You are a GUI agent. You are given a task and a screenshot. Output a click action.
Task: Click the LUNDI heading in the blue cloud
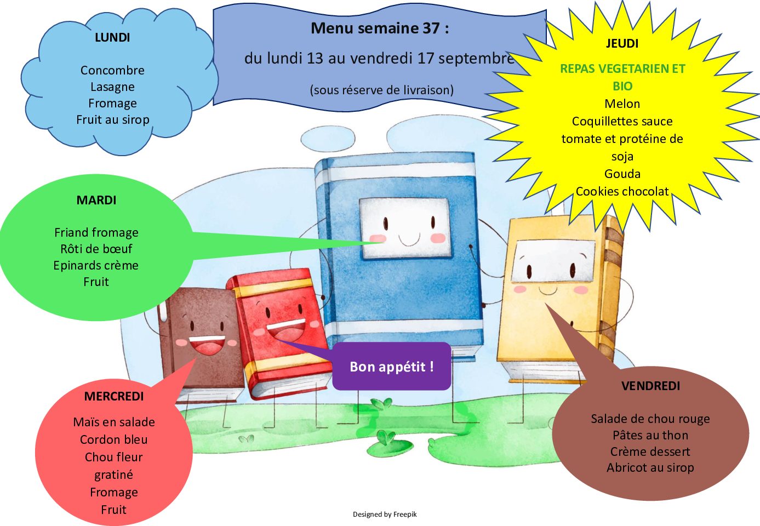click(x=112, y=37)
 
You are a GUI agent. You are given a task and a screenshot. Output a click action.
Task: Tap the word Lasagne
click(x=113, y=87)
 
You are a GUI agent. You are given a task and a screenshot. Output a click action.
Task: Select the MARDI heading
click(x=96, y=200)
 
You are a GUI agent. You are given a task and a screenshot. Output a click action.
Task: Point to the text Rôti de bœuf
click(x=96, y=249)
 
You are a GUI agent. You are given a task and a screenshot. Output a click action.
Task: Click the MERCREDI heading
click(x=114, y=396)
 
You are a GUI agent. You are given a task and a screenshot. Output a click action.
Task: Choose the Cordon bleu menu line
click(x=114, y=439)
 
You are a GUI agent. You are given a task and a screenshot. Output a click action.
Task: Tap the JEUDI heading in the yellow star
click(x=622, y=43)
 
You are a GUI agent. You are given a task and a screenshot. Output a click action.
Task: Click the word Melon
click(x=622, y=104)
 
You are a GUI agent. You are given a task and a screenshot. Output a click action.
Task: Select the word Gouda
click(x=622, y=174)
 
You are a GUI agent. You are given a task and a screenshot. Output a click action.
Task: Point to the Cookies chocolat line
click(x=622, y=191)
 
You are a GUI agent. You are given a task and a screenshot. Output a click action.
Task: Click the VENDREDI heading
click(x=650, y=386)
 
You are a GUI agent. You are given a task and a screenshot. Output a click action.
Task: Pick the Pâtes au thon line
click(x=650, y=435)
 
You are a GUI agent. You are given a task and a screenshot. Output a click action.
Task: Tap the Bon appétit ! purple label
click(x=392, y=366)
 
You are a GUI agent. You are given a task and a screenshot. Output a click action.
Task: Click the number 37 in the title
click(x=431, y=28)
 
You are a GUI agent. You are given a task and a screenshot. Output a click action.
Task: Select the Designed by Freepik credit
click(x=385, y=514)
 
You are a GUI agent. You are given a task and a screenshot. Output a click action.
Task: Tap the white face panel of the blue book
click(x=405, y=228)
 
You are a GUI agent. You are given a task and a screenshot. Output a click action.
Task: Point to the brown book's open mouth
click(x=207, y=345)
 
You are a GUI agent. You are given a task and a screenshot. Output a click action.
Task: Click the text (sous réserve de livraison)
click(x=382, y=90)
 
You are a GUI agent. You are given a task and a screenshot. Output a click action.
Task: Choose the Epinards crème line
click(x=96, y=265)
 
